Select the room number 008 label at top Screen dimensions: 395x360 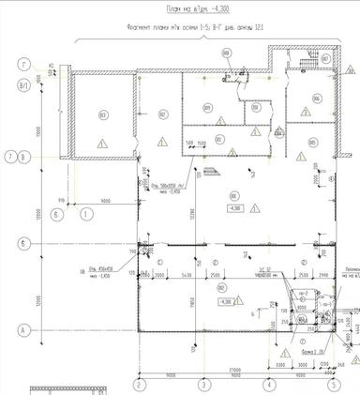point(226,53)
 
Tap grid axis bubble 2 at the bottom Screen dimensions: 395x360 point(138,384)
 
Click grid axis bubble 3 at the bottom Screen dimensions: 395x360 point(202,384)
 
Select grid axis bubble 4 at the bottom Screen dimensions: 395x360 point(267,384)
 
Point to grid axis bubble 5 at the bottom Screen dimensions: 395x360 point(331,384)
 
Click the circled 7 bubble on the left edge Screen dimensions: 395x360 point(7,156)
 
